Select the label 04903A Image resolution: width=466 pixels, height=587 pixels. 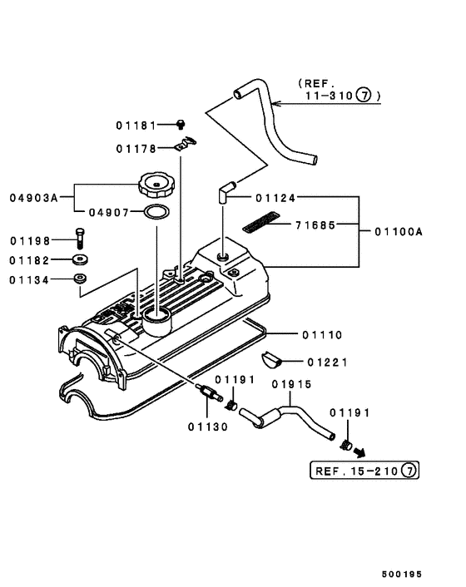(x=34, y=198)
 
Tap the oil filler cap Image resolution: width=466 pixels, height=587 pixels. (x=157, y=182)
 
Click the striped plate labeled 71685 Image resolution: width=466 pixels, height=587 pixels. (x=258, y=224)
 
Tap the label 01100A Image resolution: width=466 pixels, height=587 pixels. (x=399, y=232)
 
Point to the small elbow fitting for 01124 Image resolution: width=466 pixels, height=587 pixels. (x=226, y=193)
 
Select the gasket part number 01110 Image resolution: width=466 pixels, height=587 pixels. (x=321, y=334)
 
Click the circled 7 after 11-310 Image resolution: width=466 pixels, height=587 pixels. (x=364, y=96)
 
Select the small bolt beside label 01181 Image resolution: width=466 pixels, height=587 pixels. (x=180, y=125)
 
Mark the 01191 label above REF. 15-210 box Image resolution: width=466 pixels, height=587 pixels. (x=349, y=412)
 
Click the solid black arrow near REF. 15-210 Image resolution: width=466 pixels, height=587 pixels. (x=362, y=452)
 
